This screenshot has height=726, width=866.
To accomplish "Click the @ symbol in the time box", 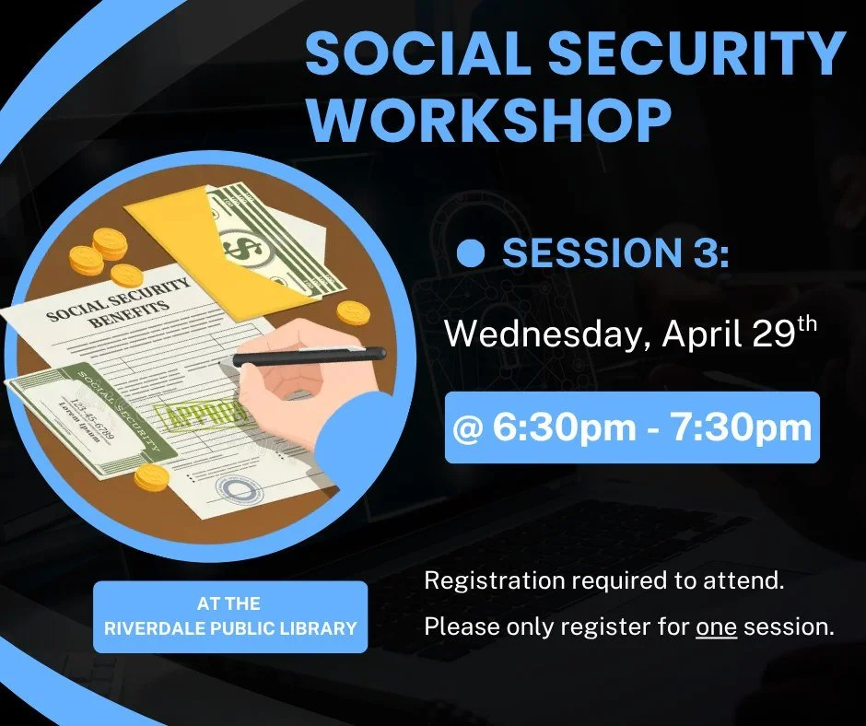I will (x=470, y=429).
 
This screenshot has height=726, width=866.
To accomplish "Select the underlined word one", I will (x=716, y=628).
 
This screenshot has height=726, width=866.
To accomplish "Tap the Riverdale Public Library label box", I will (x=229, y=616).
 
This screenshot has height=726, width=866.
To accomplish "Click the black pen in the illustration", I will (x=309, y=357).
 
